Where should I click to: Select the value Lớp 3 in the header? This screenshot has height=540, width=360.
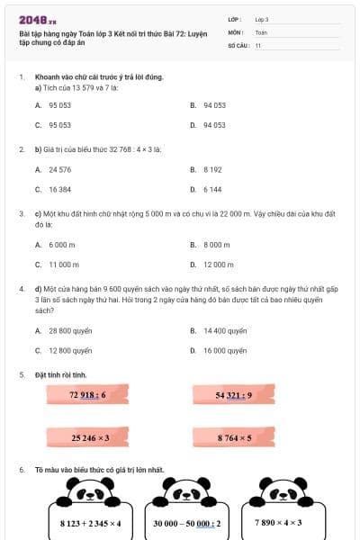tap(262, 19)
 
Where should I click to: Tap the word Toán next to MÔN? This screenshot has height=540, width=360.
tap(261, 32)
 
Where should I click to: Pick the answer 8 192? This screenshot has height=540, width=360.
tap(211, 169)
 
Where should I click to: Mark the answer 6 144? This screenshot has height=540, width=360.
tap(211, 190)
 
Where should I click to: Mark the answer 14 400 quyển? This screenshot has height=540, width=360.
tap(224, 330)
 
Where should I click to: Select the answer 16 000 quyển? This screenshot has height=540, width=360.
tap(224, 351)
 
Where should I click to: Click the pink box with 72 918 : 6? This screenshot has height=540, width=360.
tap(88, 395)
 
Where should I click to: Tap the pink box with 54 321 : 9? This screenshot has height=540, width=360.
tap(233, 395)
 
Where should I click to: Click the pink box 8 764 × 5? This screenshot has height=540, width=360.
tap(233, 437)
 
